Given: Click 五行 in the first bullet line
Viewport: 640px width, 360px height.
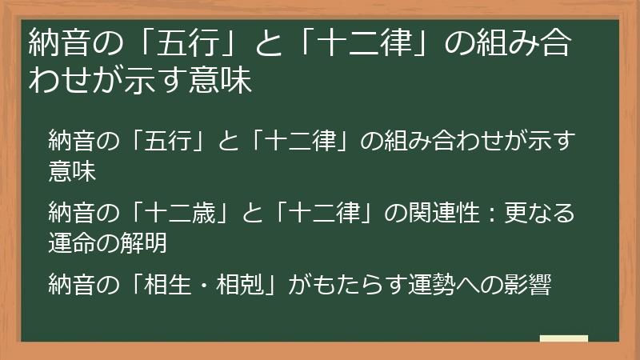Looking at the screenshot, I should coord(167,142).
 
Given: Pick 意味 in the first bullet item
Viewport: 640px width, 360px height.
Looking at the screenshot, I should coord(71,170).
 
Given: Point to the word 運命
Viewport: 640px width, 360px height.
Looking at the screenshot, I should coord(71,241).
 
